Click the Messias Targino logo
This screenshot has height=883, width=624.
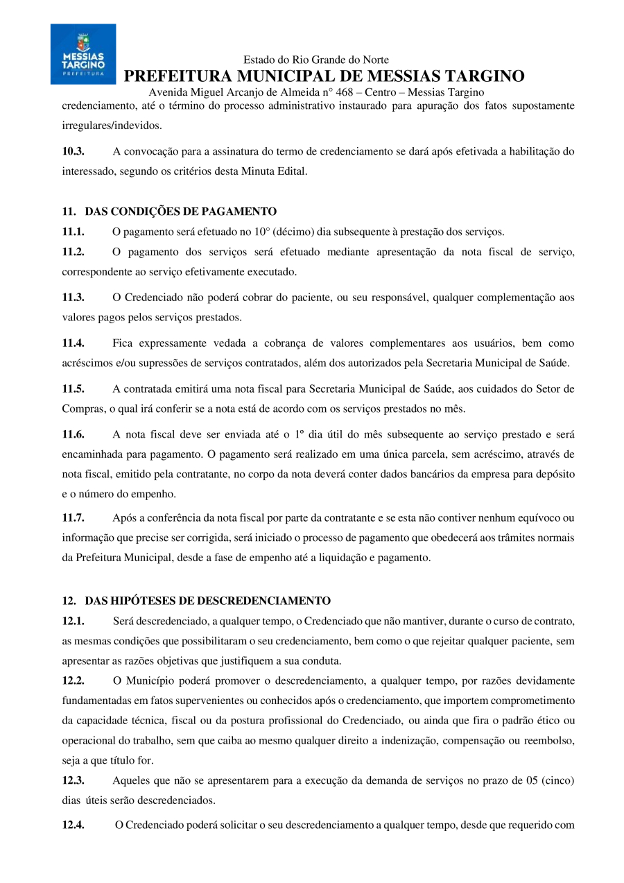pos(83,54)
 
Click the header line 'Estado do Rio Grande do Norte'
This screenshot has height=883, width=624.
pos(316,60)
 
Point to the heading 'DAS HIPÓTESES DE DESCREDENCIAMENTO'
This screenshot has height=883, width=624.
pos(207,601)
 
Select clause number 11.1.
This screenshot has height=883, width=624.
pos(73,232)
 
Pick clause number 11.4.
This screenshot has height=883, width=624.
pos(73,343)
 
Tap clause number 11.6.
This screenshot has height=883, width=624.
pos(73,435)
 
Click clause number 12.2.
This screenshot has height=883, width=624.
pos(73,680)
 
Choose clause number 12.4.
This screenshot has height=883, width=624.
pos(73,825)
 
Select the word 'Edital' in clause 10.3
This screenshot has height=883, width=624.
pos(291,171)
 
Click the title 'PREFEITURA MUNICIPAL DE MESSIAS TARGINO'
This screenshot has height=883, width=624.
pos(324,76)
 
